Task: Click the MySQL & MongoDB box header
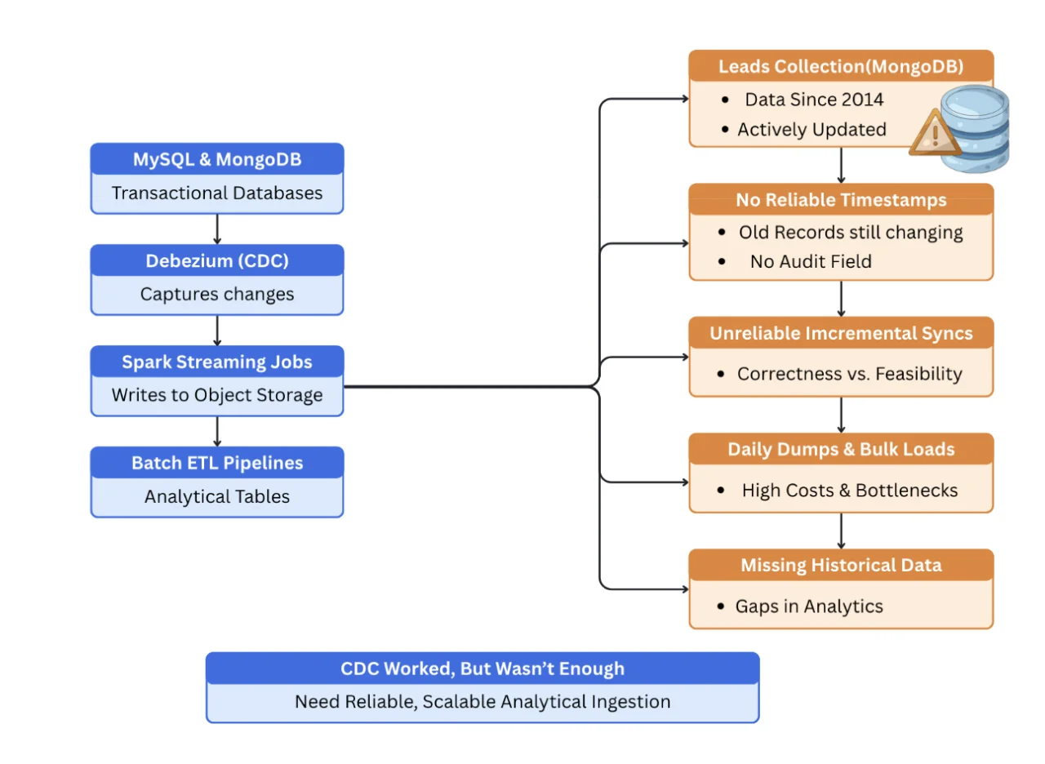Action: click(x=216, y=159)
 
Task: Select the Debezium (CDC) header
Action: click(x=216, y=260)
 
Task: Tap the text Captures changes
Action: click(x=216, y=294)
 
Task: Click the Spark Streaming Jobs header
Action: click(x=216, y=362)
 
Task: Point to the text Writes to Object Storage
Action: click(x=216, y=395)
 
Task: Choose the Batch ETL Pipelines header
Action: click(x=216, y=463)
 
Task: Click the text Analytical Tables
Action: click(x=216, y=496)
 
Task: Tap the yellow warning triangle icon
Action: click(x=934, y=133)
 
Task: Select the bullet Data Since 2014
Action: click(x=813, y=100)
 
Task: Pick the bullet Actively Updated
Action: click(x=811, y=130)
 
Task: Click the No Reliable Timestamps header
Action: click(x=841, y=200)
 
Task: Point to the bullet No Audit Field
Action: click(x=810, y=262)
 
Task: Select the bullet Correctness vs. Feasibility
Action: click(x=849, y=374)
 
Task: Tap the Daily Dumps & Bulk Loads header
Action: click(x=841, y=450)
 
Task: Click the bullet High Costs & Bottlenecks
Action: click(x=849, y=491)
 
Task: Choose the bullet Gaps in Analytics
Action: click(x=808, y=606)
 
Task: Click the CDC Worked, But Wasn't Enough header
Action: click(x=482, y=668)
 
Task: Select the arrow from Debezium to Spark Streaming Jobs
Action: click(x=217, y=331)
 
